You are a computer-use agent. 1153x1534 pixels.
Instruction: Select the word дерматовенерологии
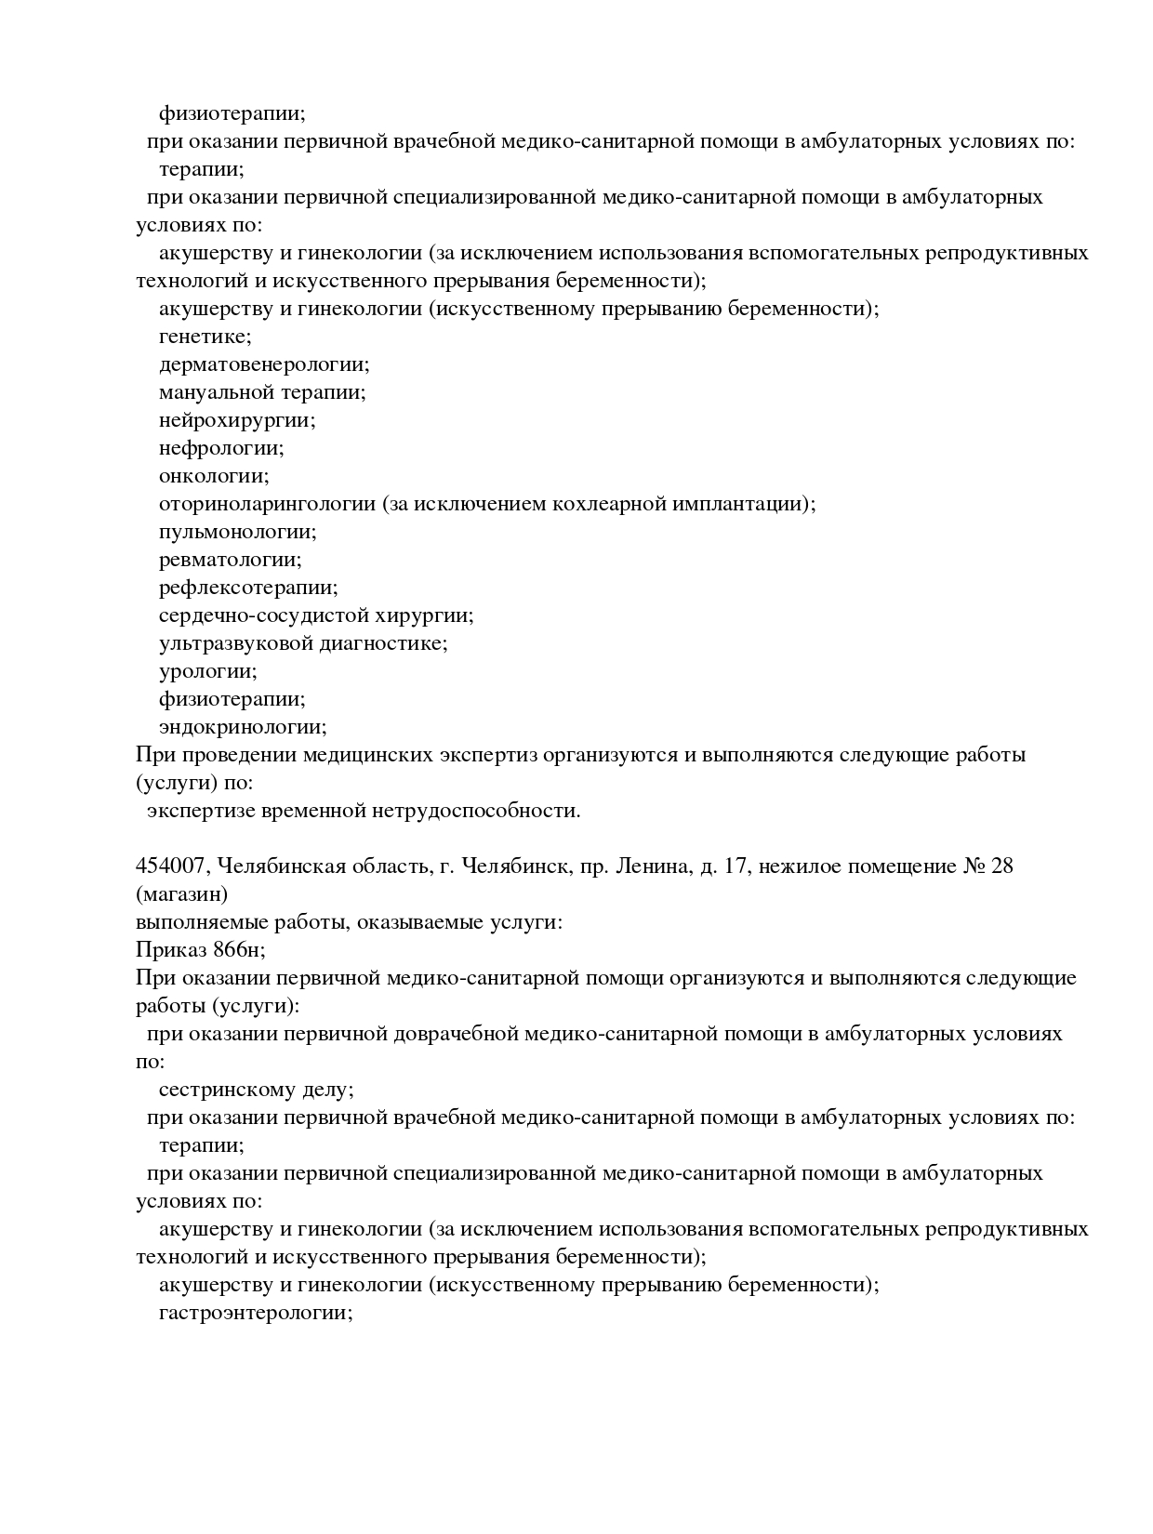pyautogui.click(x=263, y=364)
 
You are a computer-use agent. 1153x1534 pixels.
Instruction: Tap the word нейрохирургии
pyautogui.click(x=236, y=420)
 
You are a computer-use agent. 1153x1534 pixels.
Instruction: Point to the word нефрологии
pyautogui.click(x=220, y=448)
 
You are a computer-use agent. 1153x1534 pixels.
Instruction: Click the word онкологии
pyautogui.click(x=213, y=476)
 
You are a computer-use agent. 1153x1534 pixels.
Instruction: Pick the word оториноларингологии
pyautogui.click(x=267, y=504)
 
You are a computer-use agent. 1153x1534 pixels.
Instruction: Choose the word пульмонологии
pyautogui.click(x=237, y=532)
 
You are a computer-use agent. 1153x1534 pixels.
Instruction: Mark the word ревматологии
pyautogui.click(x=230, y=560)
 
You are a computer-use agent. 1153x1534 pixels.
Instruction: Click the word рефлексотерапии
pyautogui.click(x=247, y=588)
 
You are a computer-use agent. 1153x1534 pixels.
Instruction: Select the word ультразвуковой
pyautogui.click(x=235, y=643)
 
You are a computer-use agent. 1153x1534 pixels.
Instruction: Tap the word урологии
pyautogui.click(x=207, y=671)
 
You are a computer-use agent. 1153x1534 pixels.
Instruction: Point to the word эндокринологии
pyautogui.click(x=243, y=727)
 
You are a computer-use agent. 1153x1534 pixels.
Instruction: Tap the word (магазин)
pyautogui.click(x=181, y=894)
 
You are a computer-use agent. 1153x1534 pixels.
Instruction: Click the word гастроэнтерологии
pyautogui.click(x=255, y=1313)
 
